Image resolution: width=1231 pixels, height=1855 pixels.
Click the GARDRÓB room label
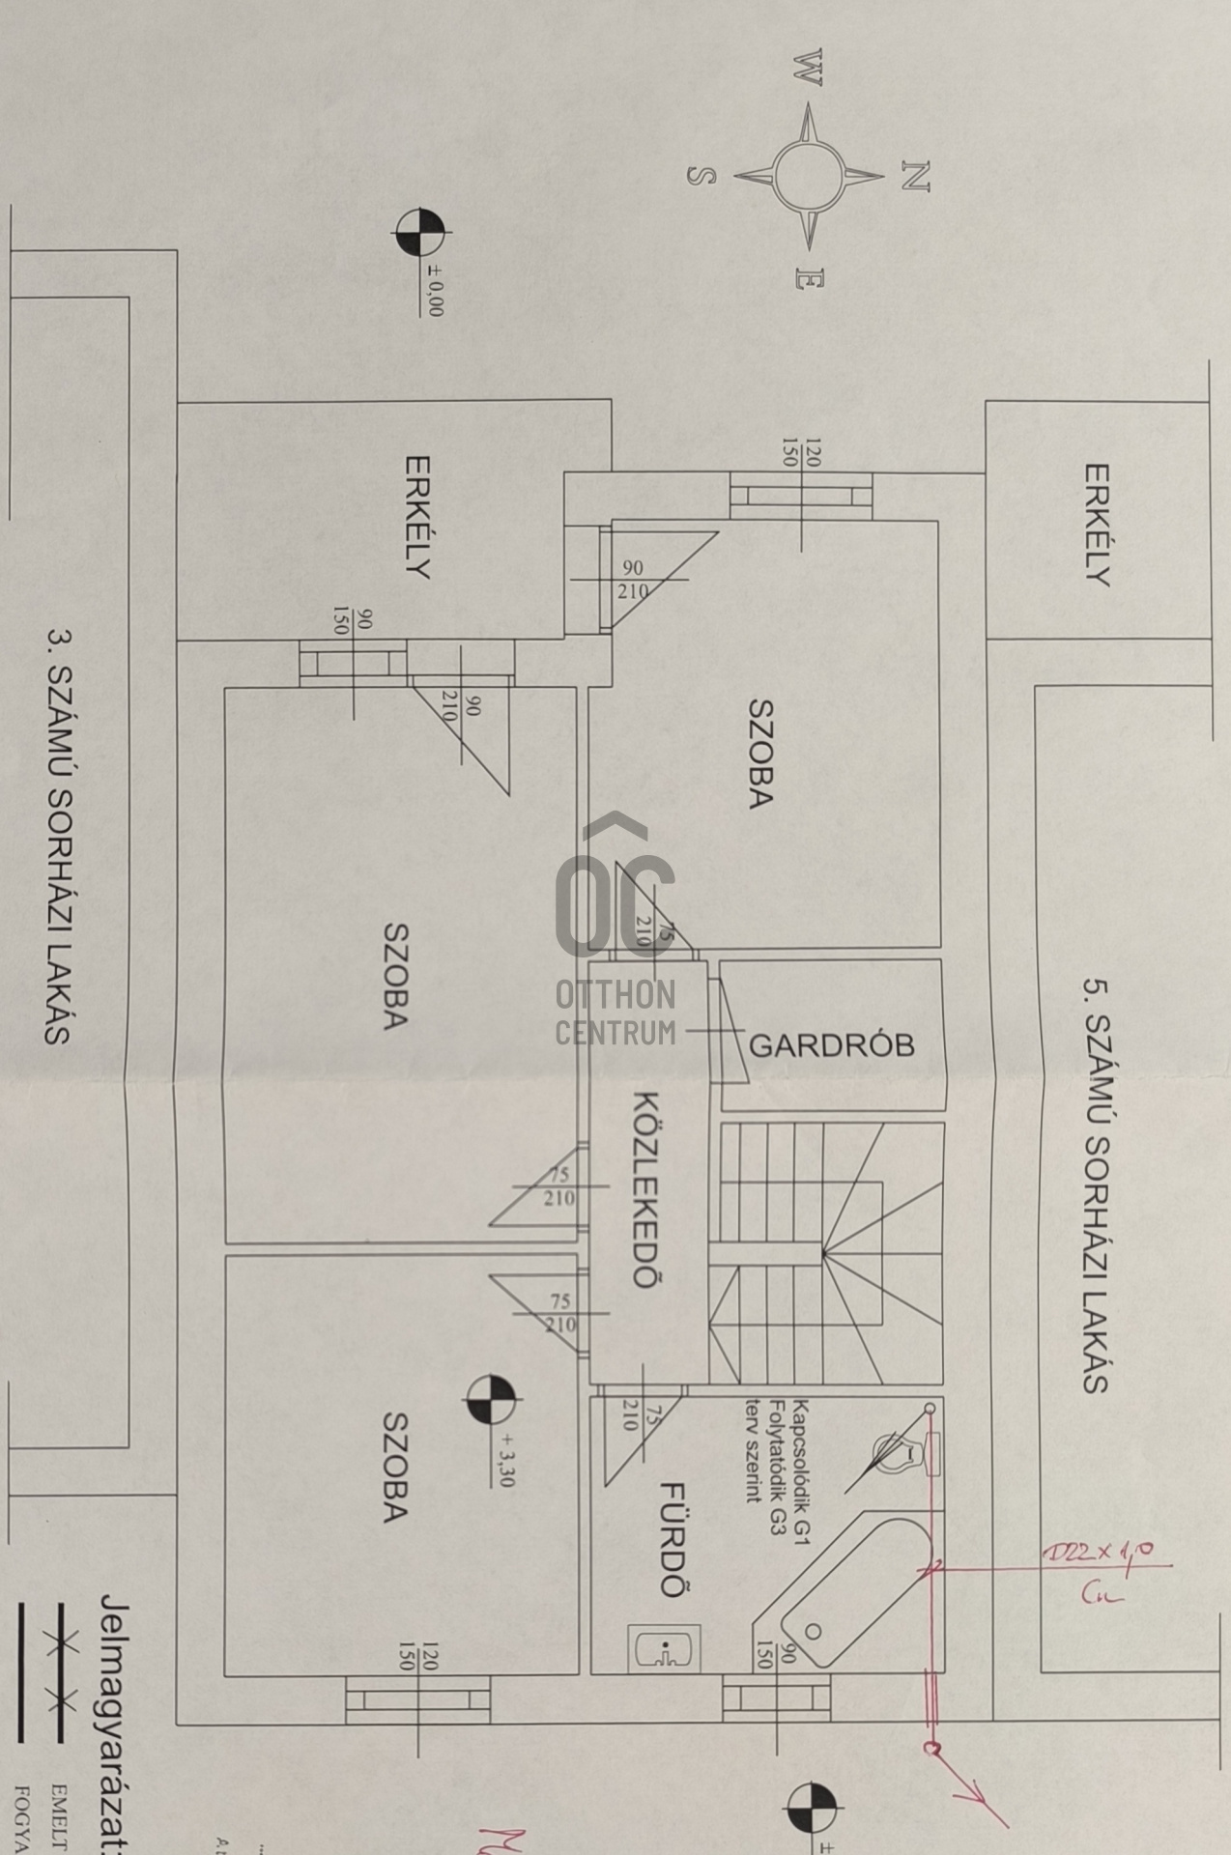tap(831, 1045)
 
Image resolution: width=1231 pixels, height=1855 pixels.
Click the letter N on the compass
tap(914, 176)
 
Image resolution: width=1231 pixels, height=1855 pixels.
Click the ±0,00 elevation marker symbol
tap(419, 233)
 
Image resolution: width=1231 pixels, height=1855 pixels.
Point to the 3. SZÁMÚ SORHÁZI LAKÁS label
tap(60, 837)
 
